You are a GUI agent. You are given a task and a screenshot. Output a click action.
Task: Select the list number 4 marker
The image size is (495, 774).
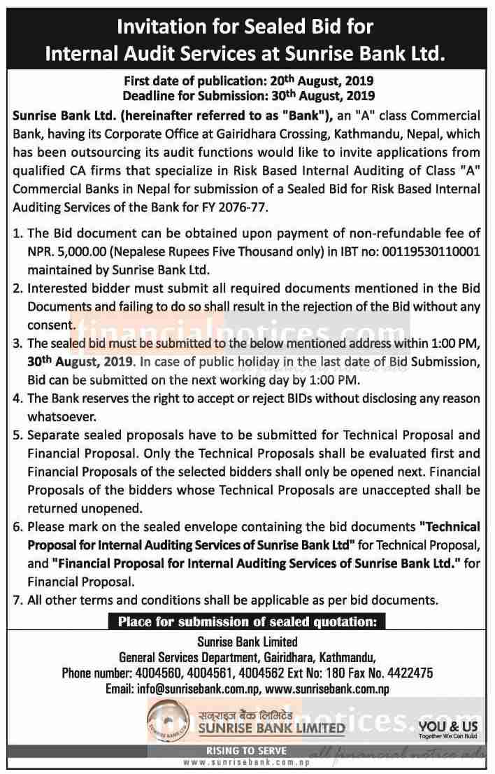pyautogui.click(x=18, y=397)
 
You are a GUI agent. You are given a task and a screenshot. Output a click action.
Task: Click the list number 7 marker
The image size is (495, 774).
pyautogui.click(x=18, y=599)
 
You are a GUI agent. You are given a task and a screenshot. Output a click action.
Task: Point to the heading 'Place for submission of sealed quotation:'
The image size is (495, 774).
pyautogui.click(x=247, y=620)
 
